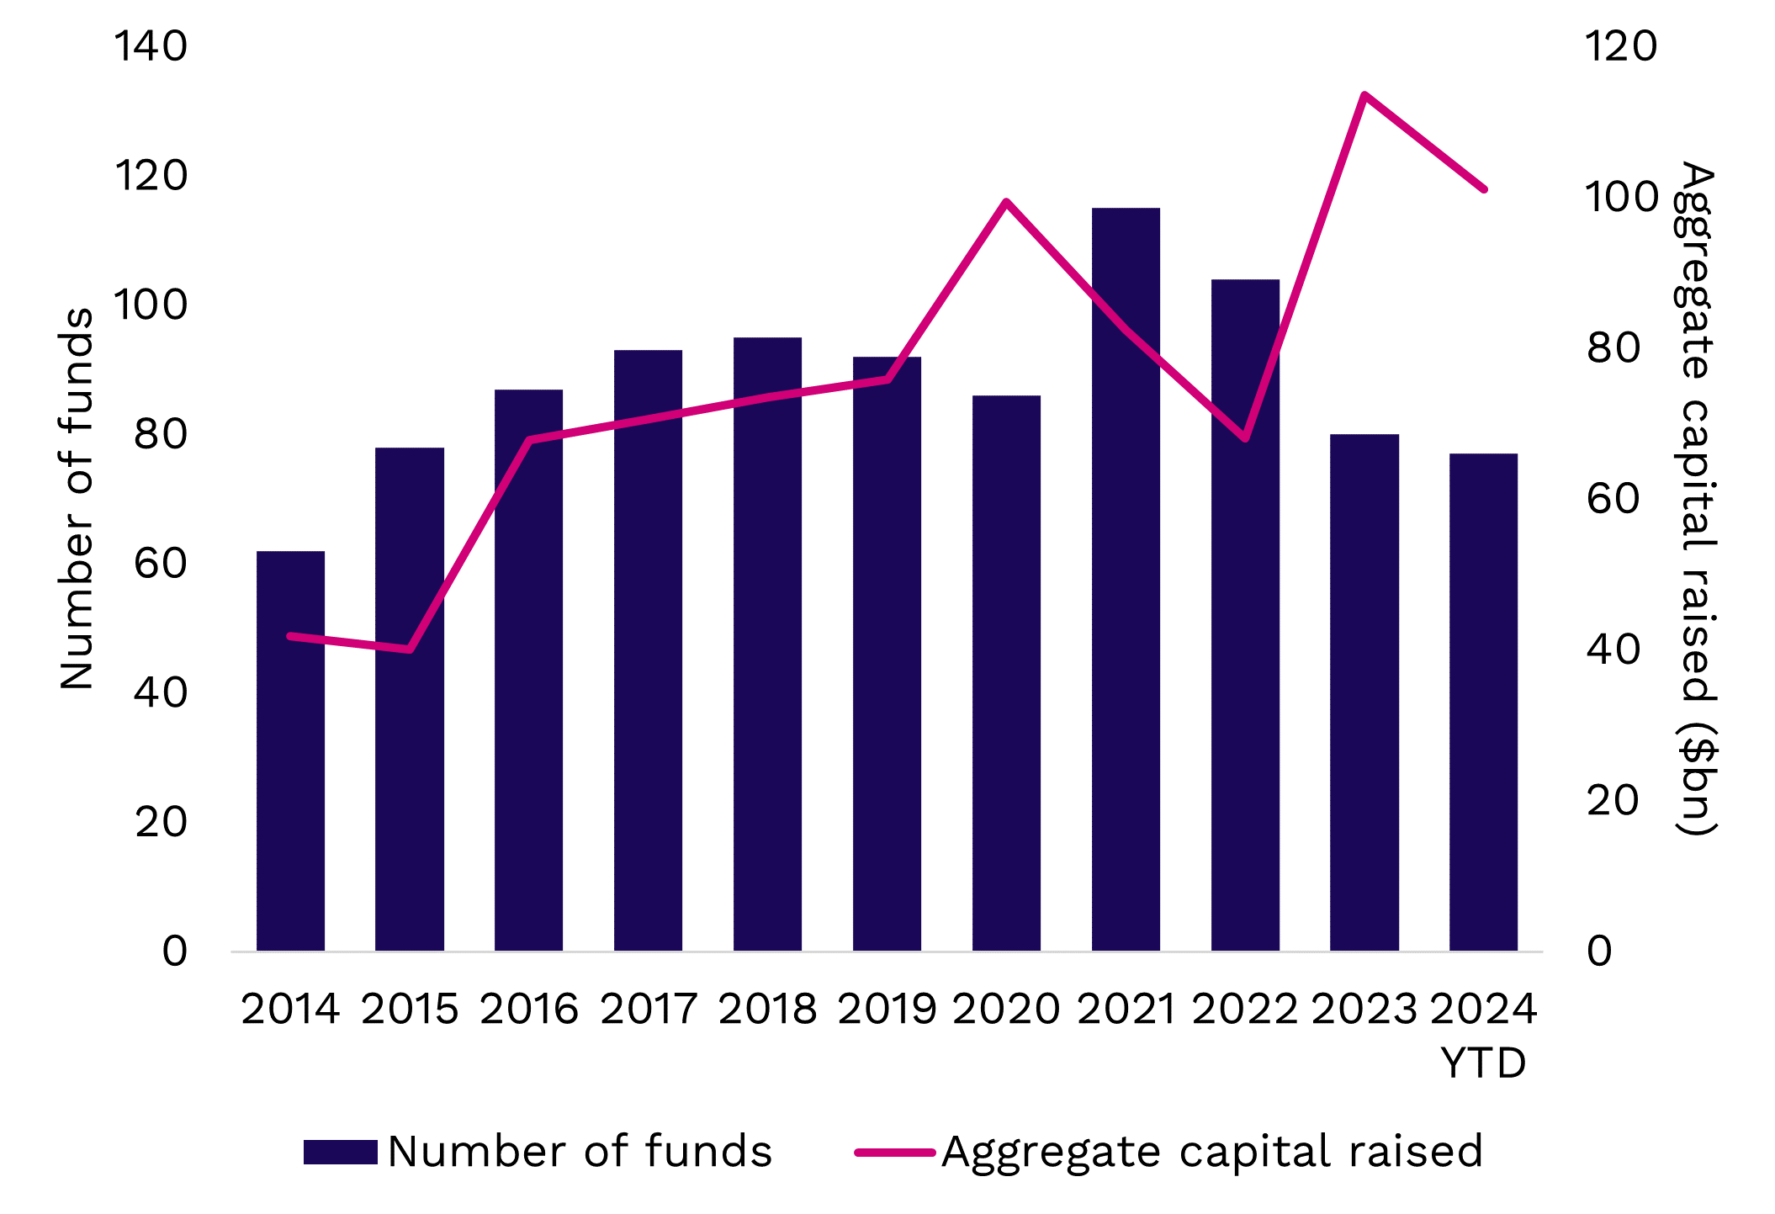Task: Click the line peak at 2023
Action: point(1364,94)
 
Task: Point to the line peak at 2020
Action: point(1006,202)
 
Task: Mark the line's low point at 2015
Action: point(410,649)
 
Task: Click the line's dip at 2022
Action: point(1245,438)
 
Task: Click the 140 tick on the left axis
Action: point(151,46)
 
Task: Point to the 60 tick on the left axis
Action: point(160,564)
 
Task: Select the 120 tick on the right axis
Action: point(1620,46)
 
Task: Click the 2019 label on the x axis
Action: point(887,1009)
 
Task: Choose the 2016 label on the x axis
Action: point(529,1009)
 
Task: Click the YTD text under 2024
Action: point(1483,1063)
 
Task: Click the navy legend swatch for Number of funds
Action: point(340,1152)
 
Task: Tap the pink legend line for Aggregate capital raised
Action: point(894,1152)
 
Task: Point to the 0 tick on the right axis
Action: point(1599,952)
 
